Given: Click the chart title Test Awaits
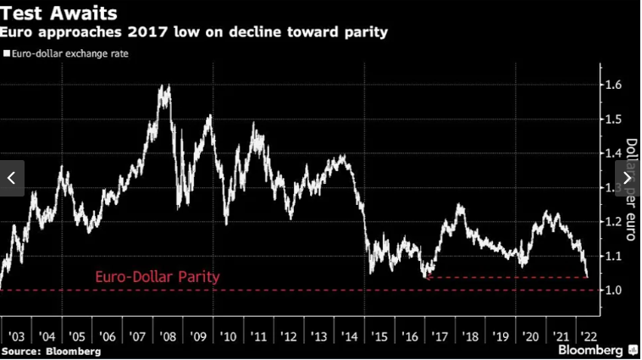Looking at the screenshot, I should click(x=58, y=13).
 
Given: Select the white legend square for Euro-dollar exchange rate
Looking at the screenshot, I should click(x=7, y=53).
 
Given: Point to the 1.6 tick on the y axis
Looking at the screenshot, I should click(x=613, y=85).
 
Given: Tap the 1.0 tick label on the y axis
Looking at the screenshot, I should click(x=613, y=291).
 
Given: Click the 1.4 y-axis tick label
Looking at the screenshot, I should click(x=613, y=153).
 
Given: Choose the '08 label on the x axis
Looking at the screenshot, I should click(x=168, y=336).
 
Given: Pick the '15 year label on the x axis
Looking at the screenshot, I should click(x=379, y=336).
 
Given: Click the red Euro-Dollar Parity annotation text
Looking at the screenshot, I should click(x=157, y=277).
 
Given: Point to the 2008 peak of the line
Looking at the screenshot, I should click(x=163, y=86).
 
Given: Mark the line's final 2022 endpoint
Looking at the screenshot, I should click(x=588, y=275).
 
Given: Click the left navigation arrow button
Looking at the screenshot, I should click(x=12, y=178).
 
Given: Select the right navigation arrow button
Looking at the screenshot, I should click(x=628, y=178).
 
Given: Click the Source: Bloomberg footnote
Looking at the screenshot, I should click(x=51, y=351).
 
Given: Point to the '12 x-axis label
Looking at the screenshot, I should click(x=289, y=336).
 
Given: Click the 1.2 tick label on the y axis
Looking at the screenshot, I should click(x=613, y=222).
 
